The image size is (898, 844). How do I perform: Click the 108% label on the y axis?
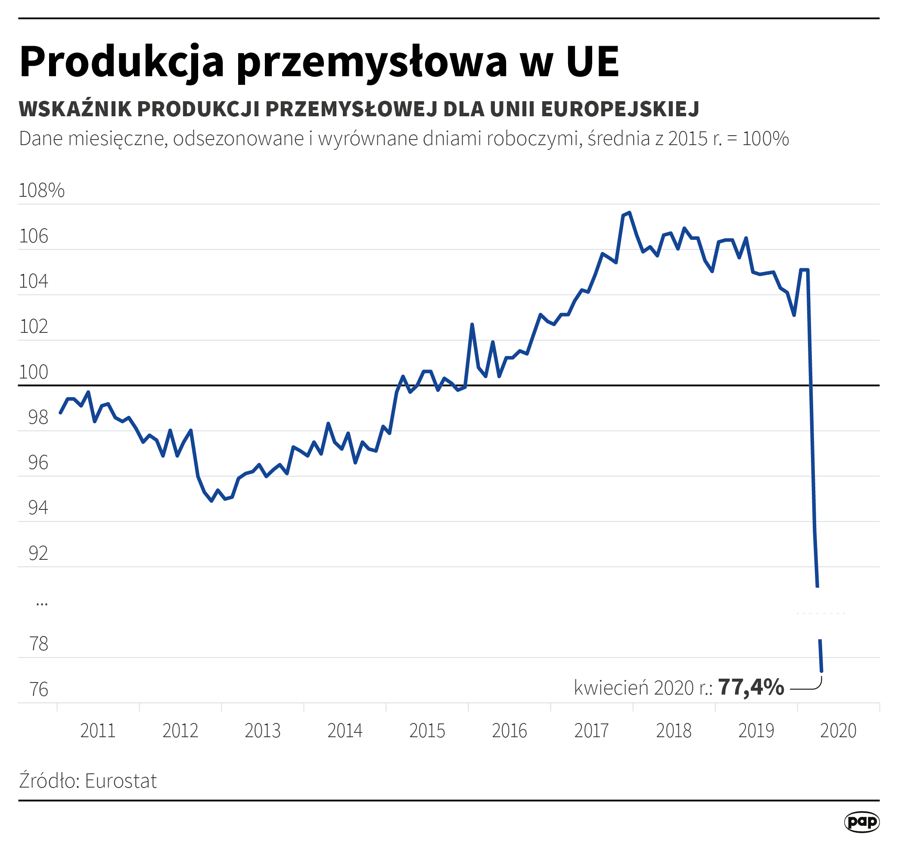41,191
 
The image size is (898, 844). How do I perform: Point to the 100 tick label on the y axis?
33,372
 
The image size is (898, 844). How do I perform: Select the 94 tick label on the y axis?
38,508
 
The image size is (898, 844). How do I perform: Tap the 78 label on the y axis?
38,644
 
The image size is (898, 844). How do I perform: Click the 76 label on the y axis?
38,689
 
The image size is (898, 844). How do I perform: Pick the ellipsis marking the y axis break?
41,603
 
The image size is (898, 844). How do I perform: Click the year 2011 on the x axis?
98,731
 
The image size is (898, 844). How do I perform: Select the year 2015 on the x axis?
427,731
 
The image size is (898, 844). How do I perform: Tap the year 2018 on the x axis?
674,731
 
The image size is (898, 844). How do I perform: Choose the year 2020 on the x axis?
838,731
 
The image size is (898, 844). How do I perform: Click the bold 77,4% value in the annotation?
751,687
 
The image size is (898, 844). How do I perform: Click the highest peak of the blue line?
629,213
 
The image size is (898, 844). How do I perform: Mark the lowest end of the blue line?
821,671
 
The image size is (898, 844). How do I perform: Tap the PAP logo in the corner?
861,822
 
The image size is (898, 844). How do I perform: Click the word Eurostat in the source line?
121,781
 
